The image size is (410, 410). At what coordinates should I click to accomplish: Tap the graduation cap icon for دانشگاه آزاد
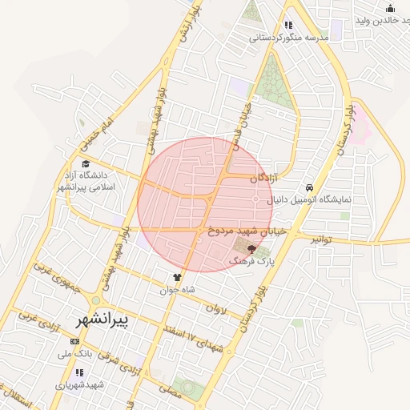(85, 164)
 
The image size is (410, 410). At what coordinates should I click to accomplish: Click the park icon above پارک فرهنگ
(252, 251)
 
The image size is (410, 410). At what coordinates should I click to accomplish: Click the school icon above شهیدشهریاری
(79, 372)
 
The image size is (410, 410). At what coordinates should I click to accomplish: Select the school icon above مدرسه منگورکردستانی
(289, 25)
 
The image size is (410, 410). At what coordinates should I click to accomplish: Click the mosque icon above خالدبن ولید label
(390, 8)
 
